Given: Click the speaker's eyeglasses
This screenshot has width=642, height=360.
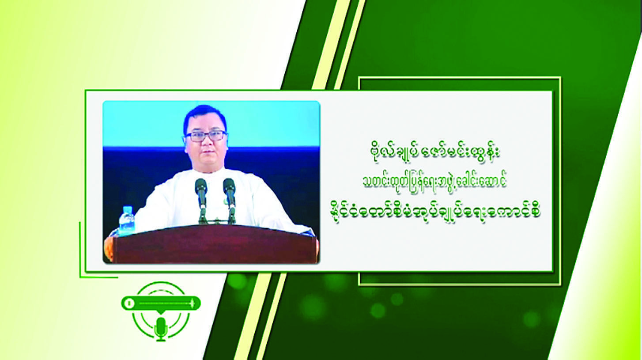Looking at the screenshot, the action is click(206, 136).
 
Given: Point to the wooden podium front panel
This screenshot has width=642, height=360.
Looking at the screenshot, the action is click(215, 245).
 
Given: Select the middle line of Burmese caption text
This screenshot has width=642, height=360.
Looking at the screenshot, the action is click(434, 183).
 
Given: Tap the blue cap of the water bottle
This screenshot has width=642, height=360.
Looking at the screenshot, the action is click(127, 208).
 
